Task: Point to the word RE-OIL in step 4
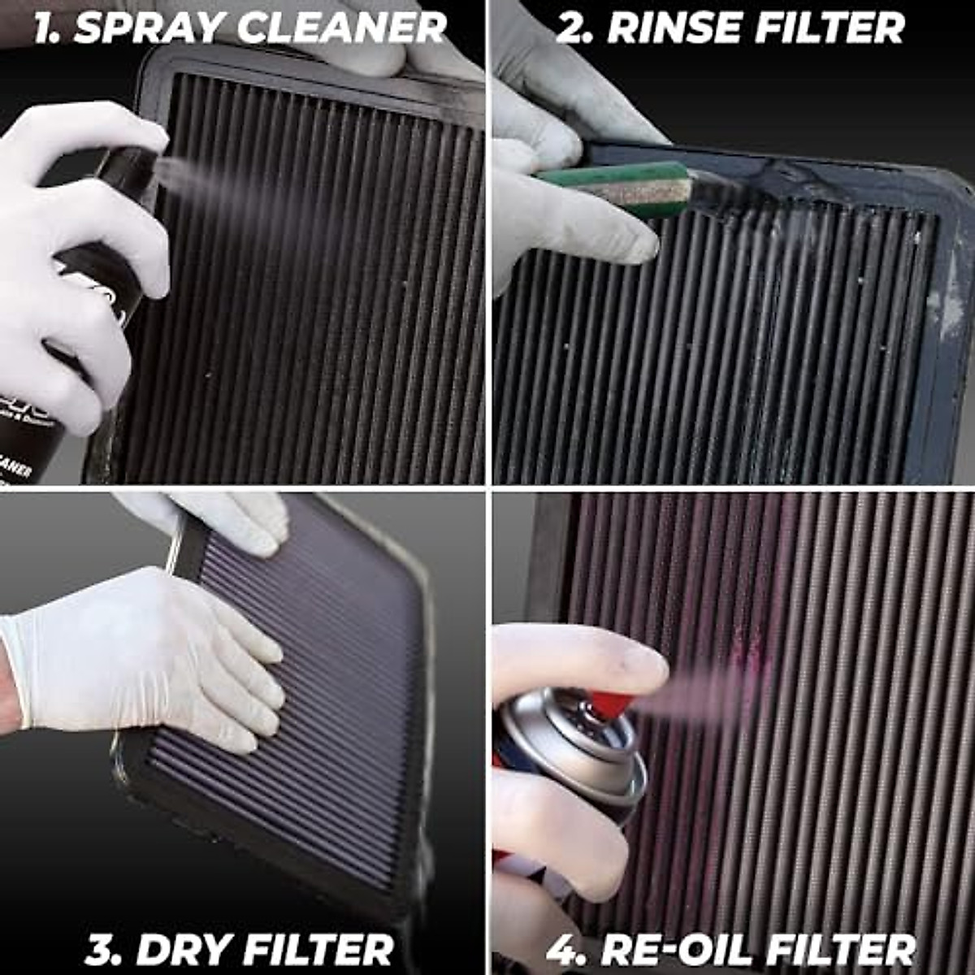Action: point(673,949)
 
